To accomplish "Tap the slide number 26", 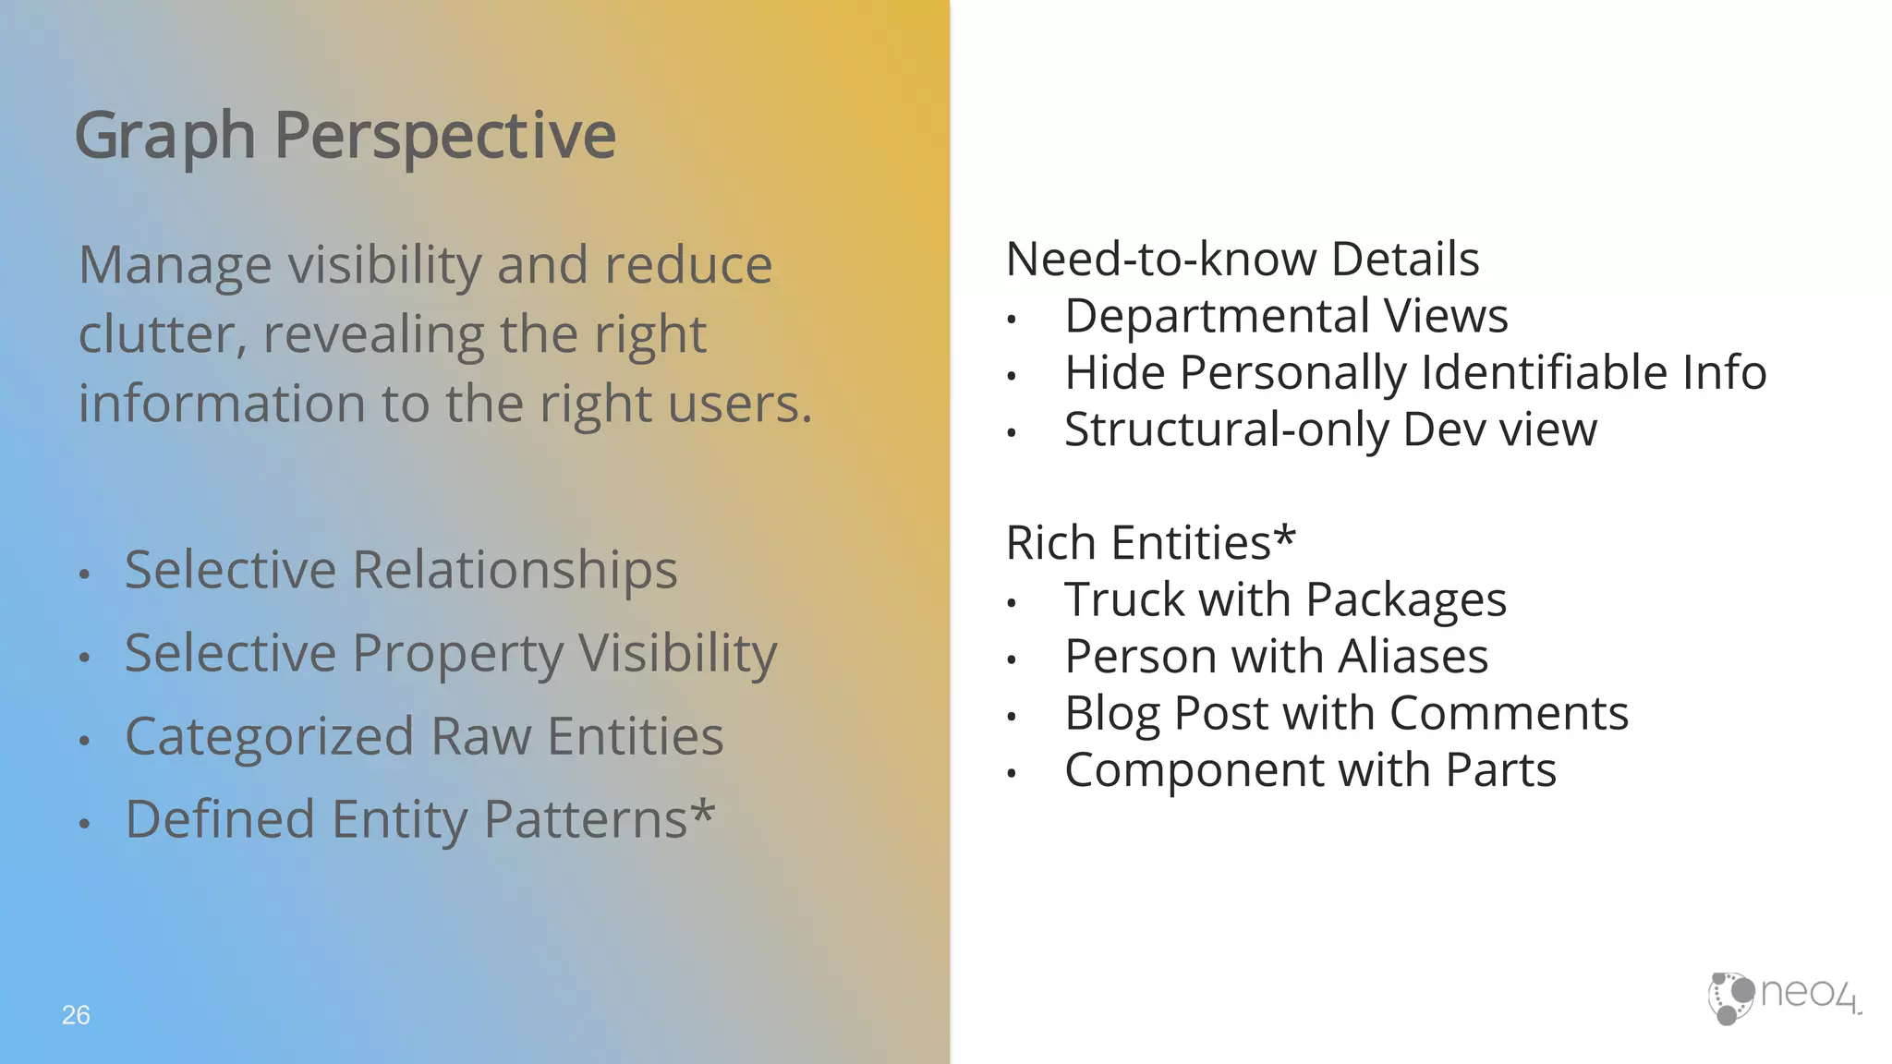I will tap(76, 1015).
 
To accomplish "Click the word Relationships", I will tap(515, 570).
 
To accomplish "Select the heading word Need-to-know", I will tap(1161, 260).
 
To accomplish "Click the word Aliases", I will tap(1413, 657).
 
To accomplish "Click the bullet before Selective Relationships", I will tap(85, 574).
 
